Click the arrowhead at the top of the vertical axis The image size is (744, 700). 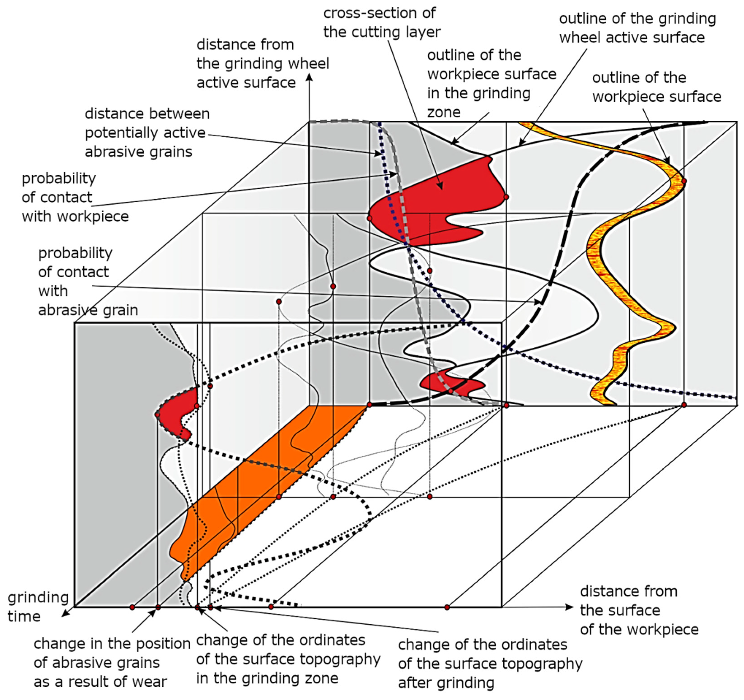tap(309, 77)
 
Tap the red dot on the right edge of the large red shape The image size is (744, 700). tap(506, 197)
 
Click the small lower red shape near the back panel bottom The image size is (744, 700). tap(451, 384)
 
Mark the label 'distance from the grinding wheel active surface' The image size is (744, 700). tap(262, 64)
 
